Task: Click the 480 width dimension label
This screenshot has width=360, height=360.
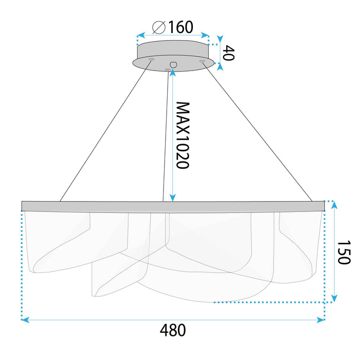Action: click(172, 330)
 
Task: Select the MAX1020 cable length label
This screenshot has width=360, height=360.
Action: click(183, 135)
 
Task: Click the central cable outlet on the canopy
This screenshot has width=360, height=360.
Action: click(173, 64)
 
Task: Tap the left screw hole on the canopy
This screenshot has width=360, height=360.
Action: click(151, 60)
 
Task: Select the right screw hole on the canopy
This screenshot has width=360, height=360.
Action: click(202, 62)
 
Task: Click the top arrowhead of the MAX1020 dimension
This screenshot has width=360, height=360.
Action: click(173, 73)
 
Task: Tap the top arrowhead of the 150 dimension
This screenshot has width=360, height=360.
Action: click(334, 205)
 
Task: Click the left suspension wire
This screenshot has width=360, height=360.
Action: click(105, 131)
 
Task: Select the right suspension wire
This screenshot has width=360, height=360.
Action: click(257, 131)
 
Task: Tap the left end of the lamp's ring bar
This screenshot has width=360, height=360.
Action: click(24, 206)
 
